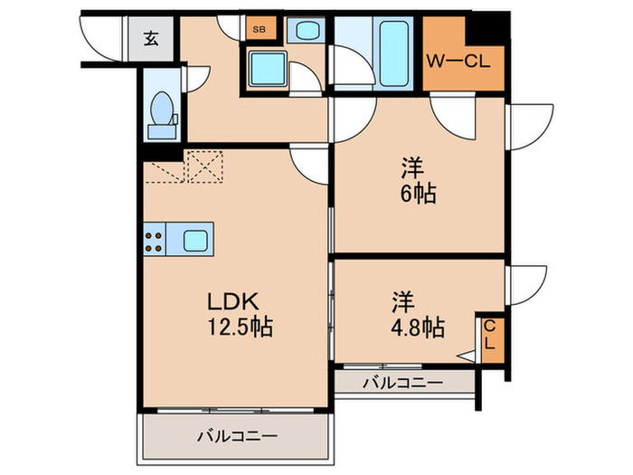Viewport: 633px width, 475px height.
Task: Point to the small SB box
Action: pyautogui.click(x=259, y=29)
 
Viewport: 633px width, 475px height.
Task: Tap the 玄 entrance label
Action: pyautogui.click(x=150, y=39)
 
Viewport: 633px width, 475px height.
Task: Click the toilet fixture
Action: pyautogui.click(x=163, y=113)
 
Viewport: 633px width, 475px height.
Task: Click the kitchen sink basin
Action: pyautogui.click(x=195, y=241)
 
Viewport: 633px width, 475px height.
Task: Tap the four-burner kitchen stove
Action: pyautogui.click(x=154, y=241)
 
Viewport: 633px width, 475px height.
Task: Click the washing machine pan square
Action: pyautogui.click(x=267, y=68)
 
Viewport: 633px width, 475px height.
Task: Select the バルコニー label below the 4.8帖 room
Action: pyautogui.click(x=403, y=383)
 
